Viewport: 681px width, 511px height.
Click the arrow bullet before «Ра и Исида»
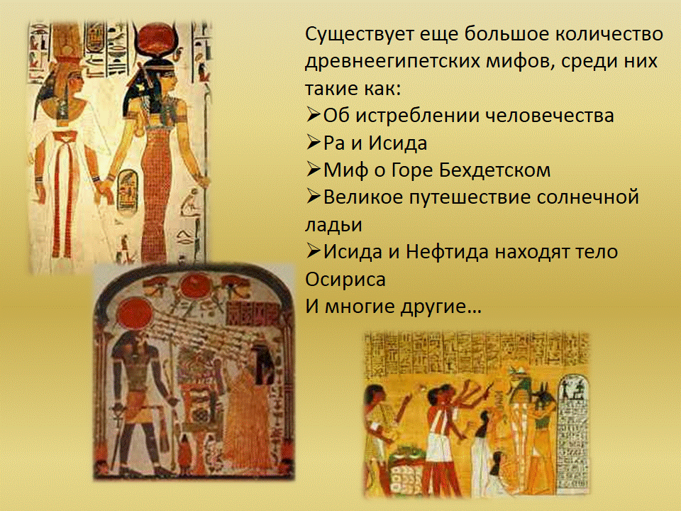coord(313,142)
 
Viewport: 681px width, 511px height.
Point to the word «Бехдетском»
coord(494,170)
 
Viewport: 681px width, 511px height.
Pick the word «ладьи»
coord(333,225)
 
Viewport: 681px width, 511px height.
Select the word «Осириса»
coord(345,280)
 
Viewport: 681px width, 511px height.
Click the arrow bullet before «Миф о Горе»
coord(313,170)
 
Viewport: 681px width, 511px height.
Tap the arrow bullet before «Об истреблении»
coord(313,115)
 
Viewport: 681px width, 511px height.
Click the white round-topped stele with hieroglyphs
coord(572,432)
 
